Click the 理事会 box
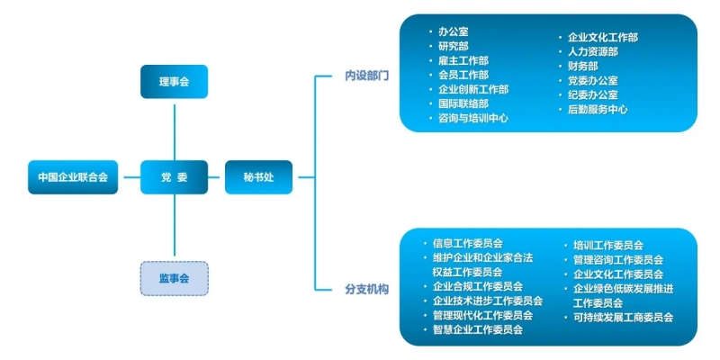coord(175,82)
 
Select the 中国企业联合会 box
coord(72,177)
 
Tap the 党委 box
coord(175,177)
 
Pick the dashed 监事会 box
coord(175,278)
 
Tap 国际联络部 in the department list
coord(463,103)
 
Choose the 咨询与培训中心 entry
coord(473,118)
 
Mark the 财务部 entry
coord(583,66)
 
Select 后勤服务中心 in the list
coord(598,109)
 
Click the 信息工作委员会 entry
coord(467,243)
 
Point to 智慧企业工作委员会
coord(478,329)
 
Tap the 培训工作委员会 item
coord(608,245)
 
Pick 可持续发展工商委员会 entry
coord(624,317)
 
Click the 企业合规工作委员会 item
coord(478,286)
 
